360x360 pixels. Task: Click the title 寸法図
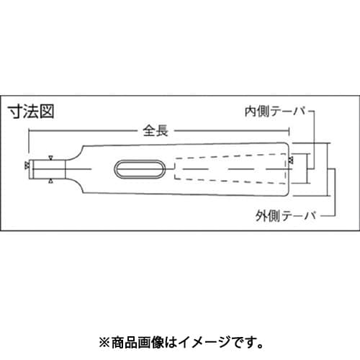[x=31, y=112]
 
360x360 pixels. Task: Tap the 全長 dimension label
[x=156, y=131]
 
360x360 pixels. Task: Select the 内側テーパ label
[x=276, y=112]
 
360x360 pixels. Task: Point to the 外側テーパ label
[x=287, y=216]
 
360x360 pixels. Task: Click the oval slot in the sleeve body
[x=140, y=169]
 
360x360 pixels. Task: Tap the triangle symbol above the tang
[x=50, y=158]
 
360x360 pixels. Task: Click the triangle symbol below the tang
[x=50, y=181]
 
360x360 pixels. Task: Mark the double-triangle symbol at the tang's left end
[x=27, y=164]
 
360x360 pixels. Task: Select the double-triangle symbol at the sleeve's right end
[x=291, y=161]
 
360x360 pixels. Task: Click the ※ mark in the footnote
[x=104, y=343]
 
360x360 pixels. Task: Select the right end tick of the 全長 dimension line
[x=289, y=131]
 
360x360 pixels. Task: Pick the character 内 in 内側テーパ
[x=251, y=112]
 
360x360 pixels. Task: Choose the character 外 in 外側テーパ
[x=261, y=216]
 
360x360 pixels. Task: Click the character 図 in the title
[x=47, y=112]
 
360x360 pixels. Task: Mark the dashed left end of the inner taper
[x=175, y=168]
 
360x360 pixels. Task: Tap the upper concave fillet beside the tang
[x=76, y=154]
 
